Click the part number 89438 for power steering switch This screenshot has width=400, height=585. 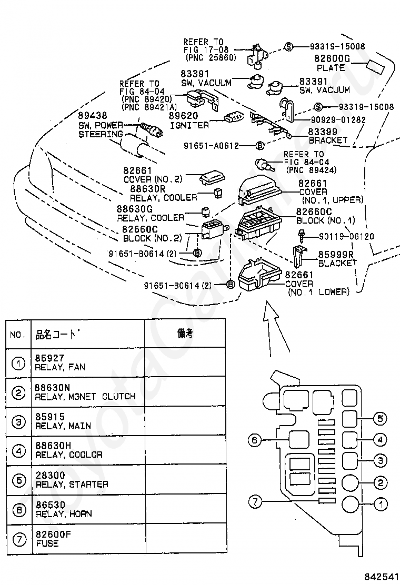[93, 115]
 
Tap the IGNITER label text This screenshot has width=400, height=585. [189, 125]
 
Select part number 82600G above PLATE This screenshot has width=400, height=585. [332, 58]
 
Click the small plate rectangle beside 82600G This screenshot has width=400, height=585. [375, 67]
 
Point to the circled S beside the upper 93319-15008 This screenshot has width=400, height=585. [289, 47]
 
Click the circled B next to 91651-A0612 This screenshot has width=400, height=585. [259, 146]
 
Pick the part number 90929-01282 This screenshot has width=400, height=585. [338, 120]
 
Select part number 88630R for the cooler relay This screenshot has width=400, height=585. [148, 189]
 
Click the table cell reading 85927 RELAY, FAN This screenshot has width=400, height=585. [60, 362]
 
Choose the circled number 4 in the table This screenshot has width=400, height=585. [18, 451]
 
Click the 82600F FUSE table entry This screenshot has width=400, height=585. [53, 539]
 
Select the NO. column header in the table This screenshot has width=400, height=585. [17, 334]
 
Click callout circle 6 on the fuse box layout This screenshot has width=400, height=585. [255, 440]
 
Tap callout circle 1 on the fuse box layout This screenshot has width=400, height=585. [381, 504]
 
